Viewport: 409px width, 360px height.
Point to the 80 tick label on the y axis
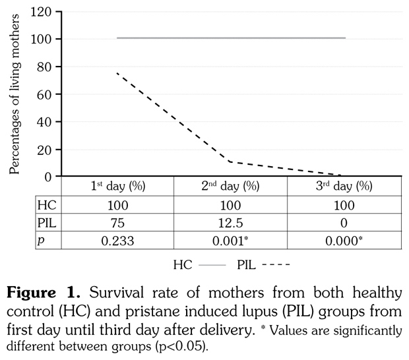(45, 67)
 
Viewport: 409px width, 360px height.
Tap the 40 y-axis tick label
(45, 121)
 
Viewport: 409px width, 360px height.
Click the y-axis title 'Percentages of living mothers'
(15, 94)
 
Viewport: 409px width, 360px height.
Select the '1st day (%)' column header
(117, 186)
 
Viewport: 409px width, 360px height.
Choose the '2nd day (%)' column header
(230, 186)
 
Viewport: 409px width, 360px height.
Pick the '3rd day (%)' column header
(344, 186)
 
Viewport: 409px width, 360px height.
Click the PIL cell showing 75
(117, 224)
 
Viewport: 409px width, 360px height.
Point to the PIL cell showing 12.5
(230, 224)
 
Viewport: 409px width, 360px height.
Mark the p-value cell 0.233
(117, 241)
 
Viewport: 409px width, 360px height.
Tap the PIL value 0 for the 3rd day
(344, 224)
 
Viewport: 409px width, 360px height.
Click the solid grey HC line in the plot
(231, 38)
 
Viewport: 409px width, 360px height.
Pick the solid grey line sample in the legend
(212, 266)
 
